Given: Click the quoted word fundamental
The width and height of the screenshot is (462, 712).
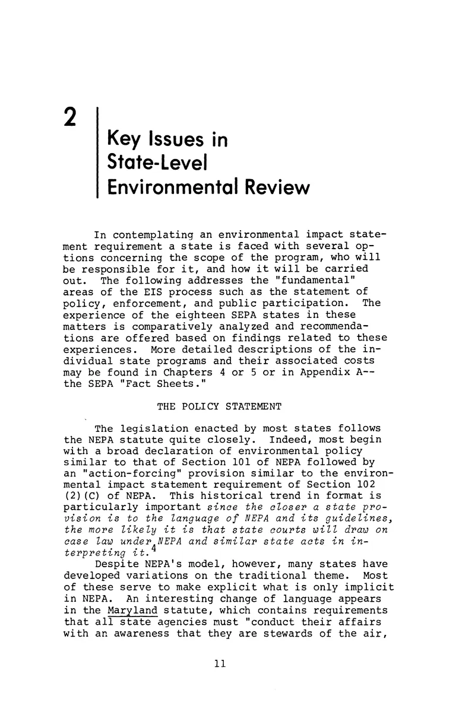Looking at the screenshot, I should (306, 280).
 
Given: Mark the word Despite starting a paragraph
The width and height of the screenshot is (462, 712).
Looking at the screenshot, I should (116, 563).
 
